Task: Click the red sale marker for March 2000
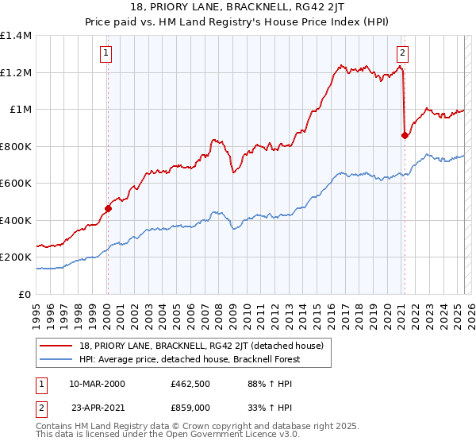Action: point(108,209)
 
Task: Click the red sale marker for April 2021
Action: point(405,136)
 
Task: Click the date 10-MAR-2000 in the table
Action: point(98,384)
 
